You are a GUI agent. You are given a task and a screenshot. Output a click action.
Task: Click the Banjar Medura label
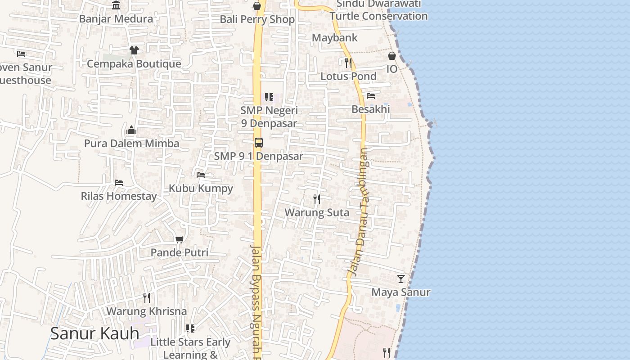click(x=116, y=19)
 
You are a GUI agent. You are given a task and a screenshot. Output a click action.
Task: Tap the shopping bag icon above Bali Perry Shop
click(x=257, y=6)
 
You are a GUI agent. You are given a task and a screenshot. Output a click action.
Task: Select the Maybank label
click(x=334, y=38)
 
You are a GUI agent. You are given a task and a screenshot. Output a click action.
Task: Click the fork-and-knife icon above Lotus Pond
click(x=348, y=63)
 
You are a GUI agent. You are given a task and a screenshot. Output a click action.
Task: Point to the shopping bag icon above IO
click(x=392, y=56)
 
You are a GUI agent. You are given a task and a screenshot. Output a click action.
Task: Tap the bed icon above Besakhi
click(x=371, y=96)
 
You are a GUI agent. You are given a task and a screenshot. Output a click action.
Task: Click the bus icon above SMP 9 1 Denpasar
click(x=258, y=143)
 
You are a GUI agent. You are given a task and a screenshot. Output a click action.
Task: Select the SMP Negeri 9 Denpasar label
click(x=269, y=117)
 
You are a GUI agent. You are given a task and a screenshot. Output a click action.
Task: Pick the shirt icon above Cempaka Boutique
click(x=134, y=50)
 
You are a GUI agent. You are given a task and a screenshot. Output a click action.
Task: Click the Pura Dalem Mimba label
click(x=132, y=144)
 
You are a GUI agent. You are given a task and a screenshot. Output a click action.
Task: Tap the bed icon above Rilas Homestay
click(x=119, y=183)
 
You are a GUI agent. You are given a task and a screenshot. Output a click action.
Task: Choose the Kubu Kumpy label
click(x=201, y=188)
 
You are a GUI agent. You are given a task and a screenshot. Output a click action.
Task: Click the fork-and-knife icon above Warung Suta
click(x=317, y=199)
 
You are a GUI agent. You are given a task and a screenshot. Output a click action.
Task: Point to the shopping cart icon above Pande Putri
click(x=179, y=239)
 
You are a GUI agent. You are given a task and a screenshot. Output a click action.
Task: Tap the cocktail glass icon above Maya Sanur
click(x=400, y=279)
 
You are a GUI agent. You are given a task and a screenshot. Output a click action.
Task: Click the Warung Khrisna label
click(x=146, y=311)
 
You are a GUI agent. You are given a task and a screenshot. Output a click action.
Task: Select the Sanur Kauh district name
click(x=94, y=333)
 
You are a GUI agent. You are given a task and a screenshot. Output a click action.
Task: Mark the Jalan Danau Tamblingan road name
click(x=359, y=211)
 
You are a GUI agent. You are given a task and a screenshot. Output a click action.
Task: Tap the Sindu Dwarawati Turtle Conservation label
click(x=378, y=10)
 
